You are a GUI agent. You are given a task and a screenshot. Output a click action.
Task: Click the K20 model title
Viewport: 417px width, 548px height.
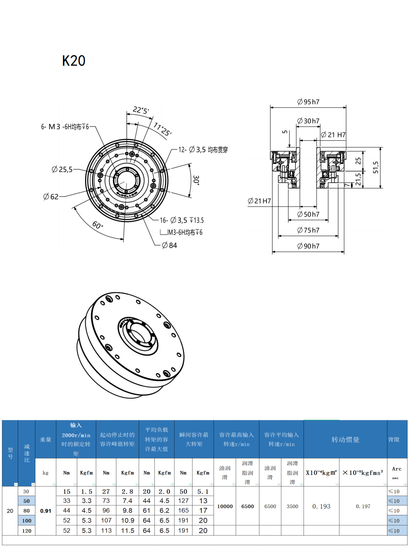tap(74, 61)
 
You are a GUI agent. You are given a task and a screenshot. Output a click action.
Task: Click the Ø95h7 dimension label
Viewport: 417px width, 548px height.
tap(308, 102)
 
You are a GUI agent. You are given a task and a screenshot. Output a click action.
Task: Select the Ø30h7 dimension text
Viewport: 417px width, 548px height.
tap(308, 121)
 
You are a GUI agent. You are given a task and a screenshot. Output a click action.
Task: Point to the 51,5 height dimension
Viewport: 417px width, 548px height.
tap(376, 167)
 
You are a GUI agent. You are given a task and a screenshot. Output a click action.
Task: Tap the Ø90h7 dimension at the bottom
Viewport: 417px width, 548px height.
tap(308, 246)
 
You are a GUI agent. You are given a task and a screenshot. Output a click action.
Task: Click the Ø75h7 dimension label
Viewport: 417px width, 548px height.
tap(308, 230)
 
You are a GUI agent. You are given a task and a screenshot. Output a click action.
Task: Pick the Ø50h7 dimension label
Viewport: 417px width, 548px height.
tap(308, 214)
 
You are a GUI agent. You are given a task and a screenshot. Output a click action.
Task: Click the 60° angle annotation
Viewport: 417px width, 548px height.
tap(97, 225)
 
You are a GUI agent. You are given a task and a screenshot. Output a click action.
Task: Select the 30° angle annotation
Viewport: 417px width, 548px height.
tap(196, 180)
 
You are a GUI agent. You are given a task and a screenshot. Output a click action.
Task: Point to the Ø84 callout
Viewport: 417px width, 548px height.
tap(169, 245)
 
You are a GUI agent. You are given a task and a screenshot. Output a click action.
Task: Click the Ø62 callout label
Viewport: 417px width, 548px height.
tap(51, 196)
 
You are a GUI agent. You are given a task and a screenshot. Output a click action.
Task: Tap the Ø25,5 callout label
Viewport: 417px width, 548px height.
tap(62, 169)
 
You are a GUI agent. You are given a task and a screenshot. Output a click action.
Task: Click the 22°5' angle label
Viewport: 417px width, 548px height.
tap(141, 110)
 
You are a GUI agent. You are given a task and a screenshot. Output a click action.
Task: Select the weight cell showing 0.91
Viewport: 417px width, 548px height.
tap(46, 511)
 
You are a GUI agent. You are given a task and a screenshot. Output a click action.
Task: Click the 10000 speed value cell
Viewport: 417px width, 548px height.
tap(225, 506)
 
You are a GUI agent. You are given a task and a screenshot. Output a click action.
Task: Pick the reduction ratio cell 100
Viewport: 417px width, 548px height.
tap(27, 521)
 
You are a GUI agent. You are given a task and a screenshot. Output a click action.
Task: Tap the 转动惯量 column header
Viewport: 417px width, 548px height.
tap(345, 440)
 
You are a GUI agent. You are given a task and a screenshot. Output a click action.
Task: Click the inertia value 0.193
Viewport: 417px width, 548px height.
tap(321, 506)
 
